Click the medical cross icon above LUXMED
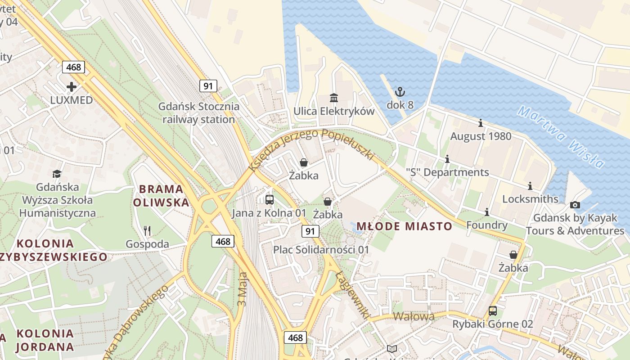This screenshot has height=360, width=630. click(x=72, y=86)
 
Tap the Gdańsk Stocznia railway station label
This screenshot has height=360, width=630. click(x=198, y=113)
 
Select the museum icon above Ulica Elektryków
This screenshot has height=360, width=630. click(x=334, y=98)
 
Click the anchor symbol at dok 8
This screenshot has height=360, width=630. click(x=400, y=92)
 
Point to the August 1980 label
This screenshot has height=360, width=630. click(x=481, y=136)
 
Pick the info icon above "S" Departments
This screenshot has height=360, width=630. click(x=447, y=159)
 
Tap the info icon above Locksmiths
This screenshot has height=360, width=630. click(x=530, y=186)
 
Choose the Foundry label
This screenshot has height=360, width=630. click(x=487, y=225)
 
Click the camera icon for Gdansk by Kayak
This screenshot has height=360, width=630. click(x=575, y=205)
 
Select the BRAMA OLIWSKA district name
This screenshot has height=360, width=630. click(x=161, y=195)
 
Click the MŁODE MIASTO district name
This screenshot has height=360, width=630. click(x=404, y=226)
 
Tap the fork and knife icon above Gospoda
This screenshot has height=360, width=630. click(x=147, y=231)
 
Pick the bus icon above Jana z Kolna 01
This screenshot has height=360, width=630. click(x=270, y=199)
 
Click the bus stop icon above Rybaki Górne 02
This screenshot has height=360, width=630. click(x=493, y=310)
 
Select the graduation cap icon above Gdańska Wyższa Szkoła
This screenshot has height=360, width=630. click(x=57, y=174)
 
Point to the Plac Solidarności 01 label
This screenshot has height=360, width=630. click(x=321, y=249)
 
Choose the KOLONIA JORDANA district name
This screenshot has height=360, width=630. click(x=45, y=340)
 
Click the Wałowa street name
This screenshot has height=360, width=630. click(x=414, y=316)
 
